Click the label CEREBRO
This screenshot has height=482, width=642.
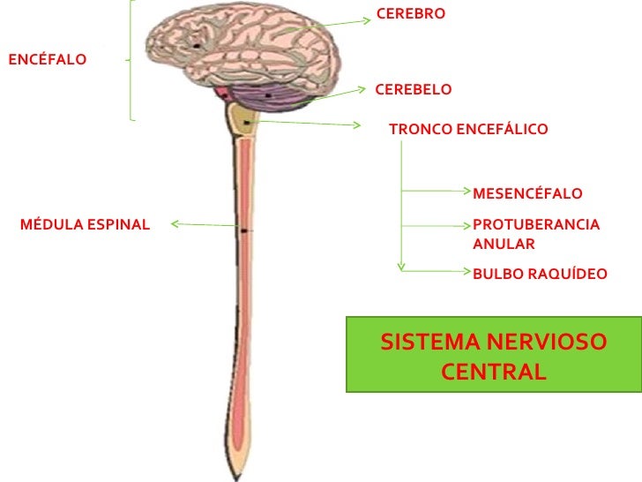click(x=410, y=14)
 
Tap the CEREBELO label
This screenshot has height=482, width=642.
click(x=413, y=90)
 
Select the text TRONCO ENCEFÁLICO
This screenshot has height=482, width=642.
click(x=467, y=130)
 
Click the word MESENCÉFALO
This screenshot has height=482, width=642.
click(x=527, y=194)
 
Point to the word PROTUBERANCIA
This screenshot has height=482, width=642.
click(x=535, y=225)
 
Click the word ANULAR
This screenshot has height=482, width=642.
click(x=504, y=245)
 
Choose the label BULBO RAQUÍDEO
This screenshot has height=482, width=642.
click(x=540, y=275)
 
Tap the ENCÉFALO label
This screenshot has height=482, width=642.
click(x=47, y=60)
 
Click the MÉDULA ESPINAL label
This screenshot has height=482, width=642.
click(x=85, y=225)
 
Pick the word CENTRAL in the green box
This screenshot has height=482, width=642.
click(x=494, y=372)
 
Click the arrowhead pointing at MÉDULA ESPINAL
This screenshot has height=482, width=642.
click(x=174, y=223)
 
